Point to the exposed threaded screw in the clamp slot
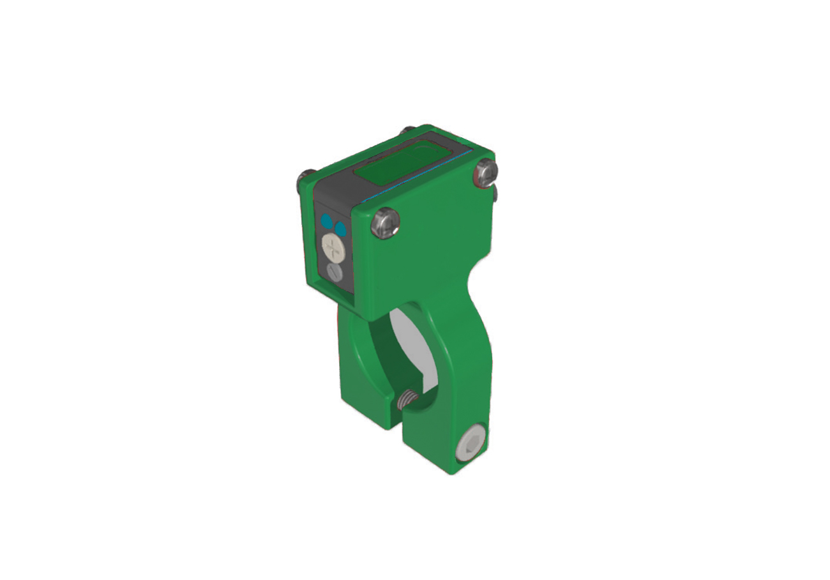pyautogui.click(x=407, y=401)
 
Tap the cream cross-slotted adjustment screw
pyautogui.click(x=333, y=245)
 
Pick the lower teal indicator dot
pyautogui.click(x=340, y=228)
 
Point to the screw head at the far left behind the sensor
pyautogui.click(x=305, y=179)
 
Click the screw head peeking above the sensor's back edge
pyautogui.click(x=405, y=132)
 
